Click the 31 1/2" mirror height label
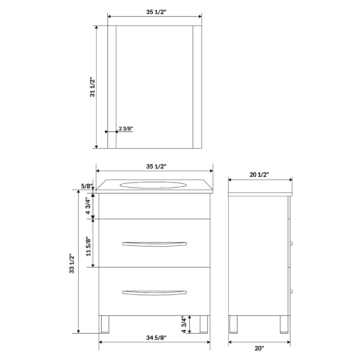(93, 87)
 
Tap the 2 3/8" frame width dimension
(126, 129)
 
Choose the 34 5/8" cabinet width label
(156, 338)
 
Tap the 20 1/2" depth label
(259, 175)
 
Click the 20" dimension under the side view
(259, 348)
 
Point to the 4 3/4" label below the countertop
(88, 205)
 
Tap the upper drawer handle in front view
(154, 244)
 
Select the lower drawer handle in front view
(154, 292)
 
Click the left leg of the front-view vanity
(105, 324)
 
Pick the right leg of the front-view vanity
(204, 324)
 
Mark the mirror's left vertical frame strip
(112, 87)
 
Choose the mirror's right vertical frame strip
(197, 87)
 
